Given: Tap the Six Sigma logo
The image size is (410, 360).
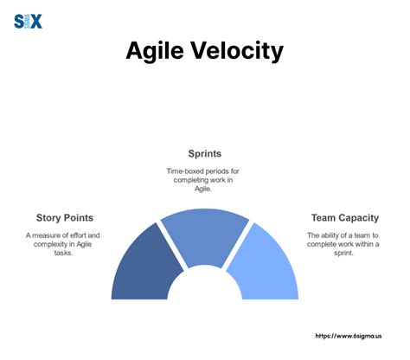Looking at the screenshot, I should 28,21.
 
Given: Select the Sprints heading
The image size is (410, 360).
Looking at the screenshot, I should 204,154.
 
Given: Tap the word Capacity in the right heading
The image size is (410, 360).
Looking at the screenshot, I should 363,217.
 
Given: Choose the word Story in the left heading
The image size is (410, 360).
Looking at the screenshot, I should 51,217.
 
